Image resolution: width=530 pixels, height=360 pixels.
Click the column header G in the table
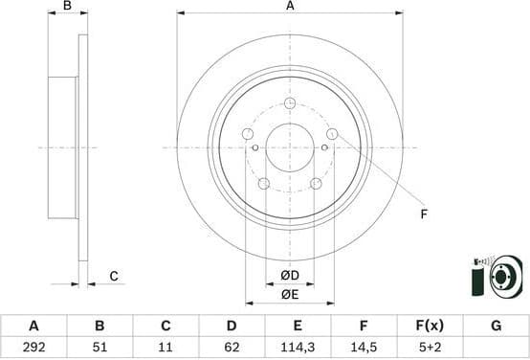point(496,326)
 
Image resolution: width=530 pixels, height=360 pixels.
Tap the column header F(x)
point(430,326)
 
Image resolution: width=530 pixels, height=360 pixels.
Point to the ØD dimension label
point(290,277)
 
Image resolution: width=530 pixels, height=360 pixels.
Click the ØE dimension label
point(290,294)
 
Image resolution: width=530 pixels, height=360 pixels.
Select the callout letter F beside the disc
point(424,214)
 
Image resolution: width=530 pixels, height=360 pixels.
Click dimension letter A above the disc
point(290,7)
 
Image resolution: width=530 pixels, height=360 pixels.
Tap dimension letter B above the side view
point(67,7)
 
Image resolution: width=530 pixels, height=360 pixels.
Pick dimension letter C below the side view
point(113,277)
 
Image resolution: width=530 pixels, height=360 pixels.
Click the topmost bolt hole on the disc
point(290,103)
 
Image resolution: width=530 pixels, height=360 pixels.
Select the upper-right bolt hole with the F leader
point(332,134)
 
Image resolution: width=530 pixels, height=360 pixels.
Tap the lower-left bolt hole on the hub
point(264,183)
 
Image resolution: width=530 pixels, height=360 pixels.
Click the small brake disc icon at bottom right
point(497,276)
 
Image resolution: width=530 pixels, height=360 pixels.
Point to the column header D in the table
point(232,326)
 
